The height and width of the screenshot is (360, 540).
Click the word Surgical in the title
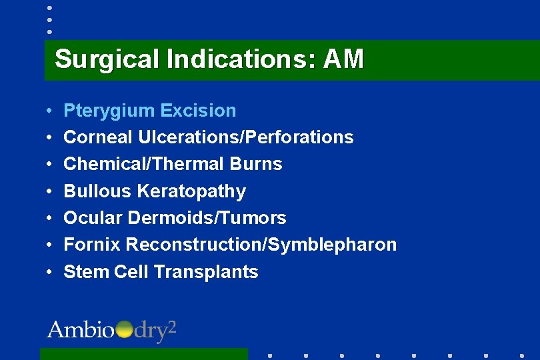pos(107,59)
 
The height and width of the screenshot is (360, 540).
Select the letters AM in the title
pos(343,59)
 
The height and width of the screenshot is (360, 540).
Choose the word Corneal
pos(98,137)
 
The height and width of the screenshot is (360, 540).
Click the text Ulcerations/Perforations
pos(246,137)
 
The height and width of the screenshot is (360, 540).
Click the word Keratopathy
pos(191,191)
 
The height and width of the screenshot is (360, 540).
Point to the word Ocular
pos(93,217)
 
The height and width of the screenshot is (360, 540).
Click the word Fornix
pos(92,245)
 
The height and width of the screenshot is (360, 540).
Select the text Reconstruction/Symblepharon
pos(261,245)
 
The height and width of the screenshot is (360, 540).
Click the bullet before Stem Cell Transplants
pos(50,272)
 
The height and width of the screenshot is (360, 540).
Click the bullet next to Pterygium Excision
pos(50,111)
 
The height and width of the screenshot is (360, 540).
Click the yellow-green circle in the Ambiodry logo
pos(124,329)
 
